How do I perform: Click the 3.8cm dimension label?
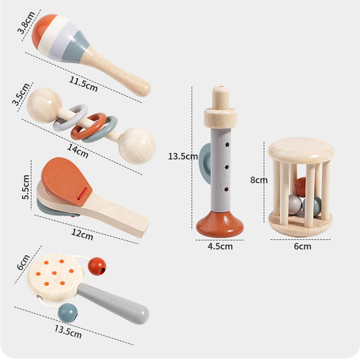[x=26, y=22]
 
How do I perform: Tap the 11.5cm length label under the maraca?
[x=83, y=84]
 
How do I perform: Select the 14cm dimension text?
[x=78, y=150]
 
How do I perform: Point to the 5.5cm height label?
[x=26, y=187]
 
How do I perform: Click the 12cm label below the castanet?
[x=82, y=234]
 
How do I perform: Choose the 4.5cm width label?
[x=220, y=246]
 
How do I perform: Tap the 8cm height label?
[x=259, y=180]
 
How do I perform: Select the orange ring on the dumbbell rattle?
[x=88, y=126]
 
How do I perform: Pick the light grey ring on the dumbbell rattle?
[x=70, y=117]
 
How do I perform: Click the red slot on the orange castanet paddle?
[x=82, y=194]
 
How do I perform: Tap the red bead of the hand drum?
[x=97, y=266]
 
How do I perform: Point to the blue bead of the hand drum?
[x=67, y=313]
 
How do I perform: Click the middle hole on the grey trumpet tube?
[x=227, y=167]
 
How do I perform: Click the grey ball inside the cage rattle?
[x=295, y=205]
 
